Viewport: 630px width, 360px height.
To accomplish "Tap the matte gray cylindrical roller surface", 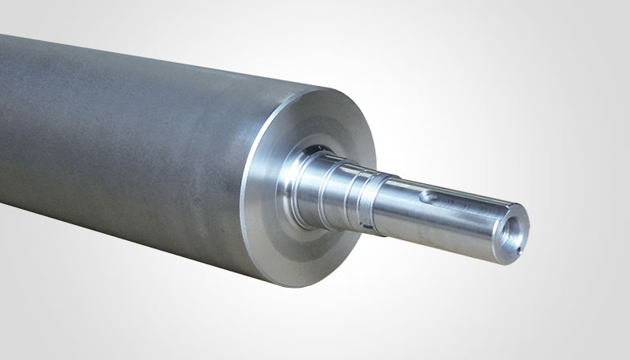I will (x=121, y=145).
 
